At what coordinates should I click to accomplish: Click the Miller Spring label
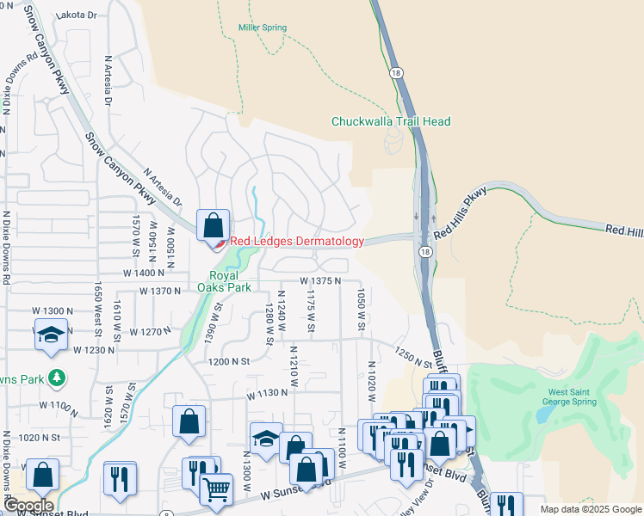pos(261,28)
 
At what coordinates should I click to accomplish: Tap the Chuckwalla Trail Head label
pos(391,122)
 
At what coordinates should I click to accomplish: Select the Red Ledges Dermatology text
pos(297,242)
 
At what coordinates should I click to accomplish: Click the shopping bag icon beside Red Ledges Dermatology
pos(213,225)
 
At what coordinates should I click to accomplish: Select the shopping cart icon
pos(216,489)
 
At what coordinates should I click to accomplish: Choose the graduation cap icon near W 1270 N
pos(51,333)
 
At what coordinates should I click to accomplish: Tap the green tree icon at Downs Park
pos(57,378)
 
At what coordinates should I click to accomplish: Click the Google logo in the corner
pos(28,506)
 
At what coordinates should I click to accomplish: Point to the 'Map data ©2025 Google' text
pos(591,509)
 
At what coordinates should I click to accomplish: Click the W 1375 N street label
pos(321,281)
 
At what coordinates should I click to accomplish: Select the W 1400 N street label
pos(145,273)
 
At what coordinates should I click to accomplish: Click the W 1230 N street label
pos(95,350)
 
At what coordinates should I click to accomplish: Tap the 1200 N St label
pos(227,363)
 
